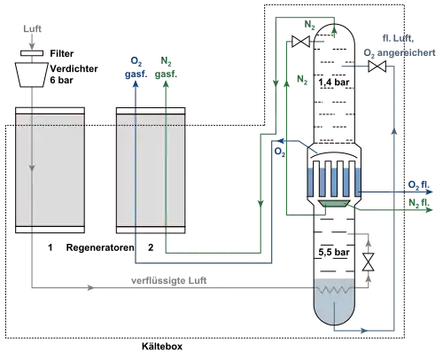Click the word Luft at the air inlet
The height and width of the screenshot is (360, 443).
pyautogui.click(x=33, y=28)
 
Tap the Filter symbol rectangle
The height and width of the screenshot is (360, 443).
pyautogui.click(x=32, y=53)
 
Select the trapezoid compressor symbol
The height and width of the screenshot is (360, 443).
pyautogui.click(x=32, y=74)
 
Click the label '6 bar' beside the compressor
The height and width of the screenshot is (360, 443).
pyautogui.click(x=61, y=80)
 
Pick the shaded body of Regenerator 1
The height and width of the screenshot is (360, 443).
pyautogui.click(x=50, y=170)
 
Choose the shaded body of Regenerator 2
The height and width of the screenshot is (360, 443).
pyautogui.click(x=151, y=170)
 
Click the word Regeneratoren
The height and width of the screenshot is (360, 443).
pyautogui.click(x=100, y=247)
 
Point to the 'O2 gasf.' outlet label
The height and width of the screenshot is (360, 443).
pyautogui.click(x=136, y=67)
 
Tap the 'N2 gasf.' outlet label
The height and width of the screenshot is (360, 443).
pyautogui.click(x=166, y=67)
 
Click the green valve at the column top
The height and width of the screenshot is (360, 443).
pyautogui.click(x=300, y=42)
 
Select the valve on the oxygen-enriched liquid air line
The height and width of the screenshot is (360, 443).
pyautogui.click(x=377, y=66)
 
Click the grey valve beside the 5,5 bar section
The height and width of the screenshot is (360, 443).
pyautogui.click(x=368, y=262)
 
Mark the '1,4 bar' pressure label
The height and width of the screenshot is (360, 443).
pyautogui.click(x=334, y=82)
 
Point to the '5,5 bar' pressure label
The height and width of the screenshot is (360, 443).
pyautogui.click(x=334, y=252)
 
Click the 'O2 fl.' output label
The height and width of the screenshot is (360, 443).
pyautogui.click(x=419, y=185)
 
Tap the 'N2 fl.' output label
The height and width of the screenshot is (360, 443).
pyautogui.click(x=419, y=203)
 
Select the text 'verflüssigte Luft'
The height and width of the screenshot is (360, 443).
pyautogui.click(x=168, y=280)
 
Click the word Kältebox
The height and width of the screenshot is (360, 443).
pyautogui.click(x=162, y=346)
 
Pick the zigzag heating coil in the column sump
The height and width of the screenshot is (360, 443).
pyautogui.click(x=334, y=290)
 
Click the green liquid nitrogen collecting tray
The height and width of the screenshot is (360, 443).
pyautogui.click(x=334, y=204)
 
